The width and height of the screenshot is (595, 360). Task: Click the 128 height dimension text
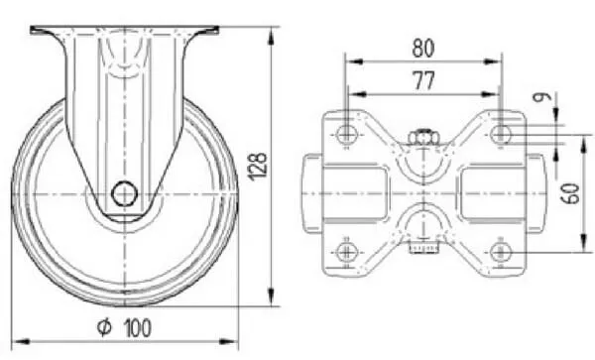(258, 167)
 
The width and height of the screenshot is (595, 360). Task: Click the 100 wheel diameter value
(138, 328)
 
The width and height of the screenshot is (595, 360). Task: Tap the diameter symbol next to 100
(104, 327)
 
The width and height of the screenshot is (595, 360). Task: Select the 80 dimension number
(423, 49)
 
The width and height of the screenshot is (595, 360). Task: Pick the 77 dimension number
(423, 80)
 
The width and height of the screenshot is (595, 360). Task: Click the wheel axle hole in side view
(125, 193)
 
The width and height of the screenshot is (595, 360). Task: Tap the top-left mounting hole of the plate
(346, 133)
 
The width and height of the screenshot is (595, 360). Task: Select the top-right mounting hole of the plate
(501, 134)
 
